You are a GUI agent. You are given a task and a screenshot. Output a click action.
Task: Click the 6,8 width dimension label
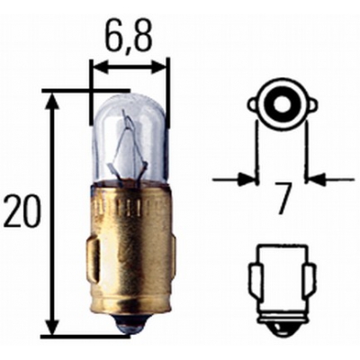click(127, 36)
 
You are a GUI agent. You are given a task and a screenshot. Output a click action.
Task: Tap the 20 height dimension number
click(22, 211)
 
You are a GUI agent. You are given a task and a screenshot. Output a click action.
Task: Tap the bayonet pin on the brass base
click(93, 258)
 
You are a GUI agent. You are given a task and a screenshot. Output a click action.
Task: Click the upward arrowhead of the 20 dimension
click(53, 102)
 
